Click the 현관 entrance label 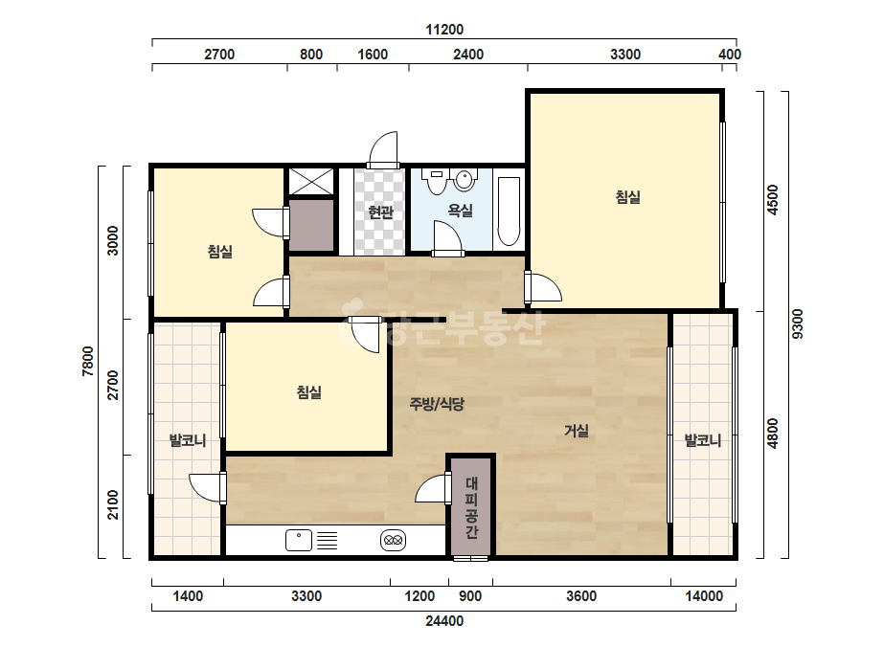[380, 212]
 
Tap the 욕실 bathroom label [460, 211]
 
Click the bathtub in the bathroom [509, 212]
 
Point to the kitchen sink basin [299, 540]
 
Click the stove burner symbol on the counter [393, 540]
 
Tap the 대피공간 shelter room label [472, 507]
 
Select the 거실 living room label [577, 431]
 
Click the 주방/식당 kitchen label [437, 404]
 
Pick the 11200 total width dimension [444, 30]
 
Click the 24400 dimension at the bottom [444, 621]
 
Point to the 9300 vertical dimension [797, 323]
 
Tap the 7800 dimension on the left [88, 361]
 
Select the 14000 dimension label [704, 596]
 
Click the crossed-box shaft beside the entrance [311, 181]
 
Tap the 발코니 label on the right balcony [702, 440]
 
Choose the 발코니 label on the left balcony [188, 440]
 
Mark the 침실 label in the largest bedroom [627, 197]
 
